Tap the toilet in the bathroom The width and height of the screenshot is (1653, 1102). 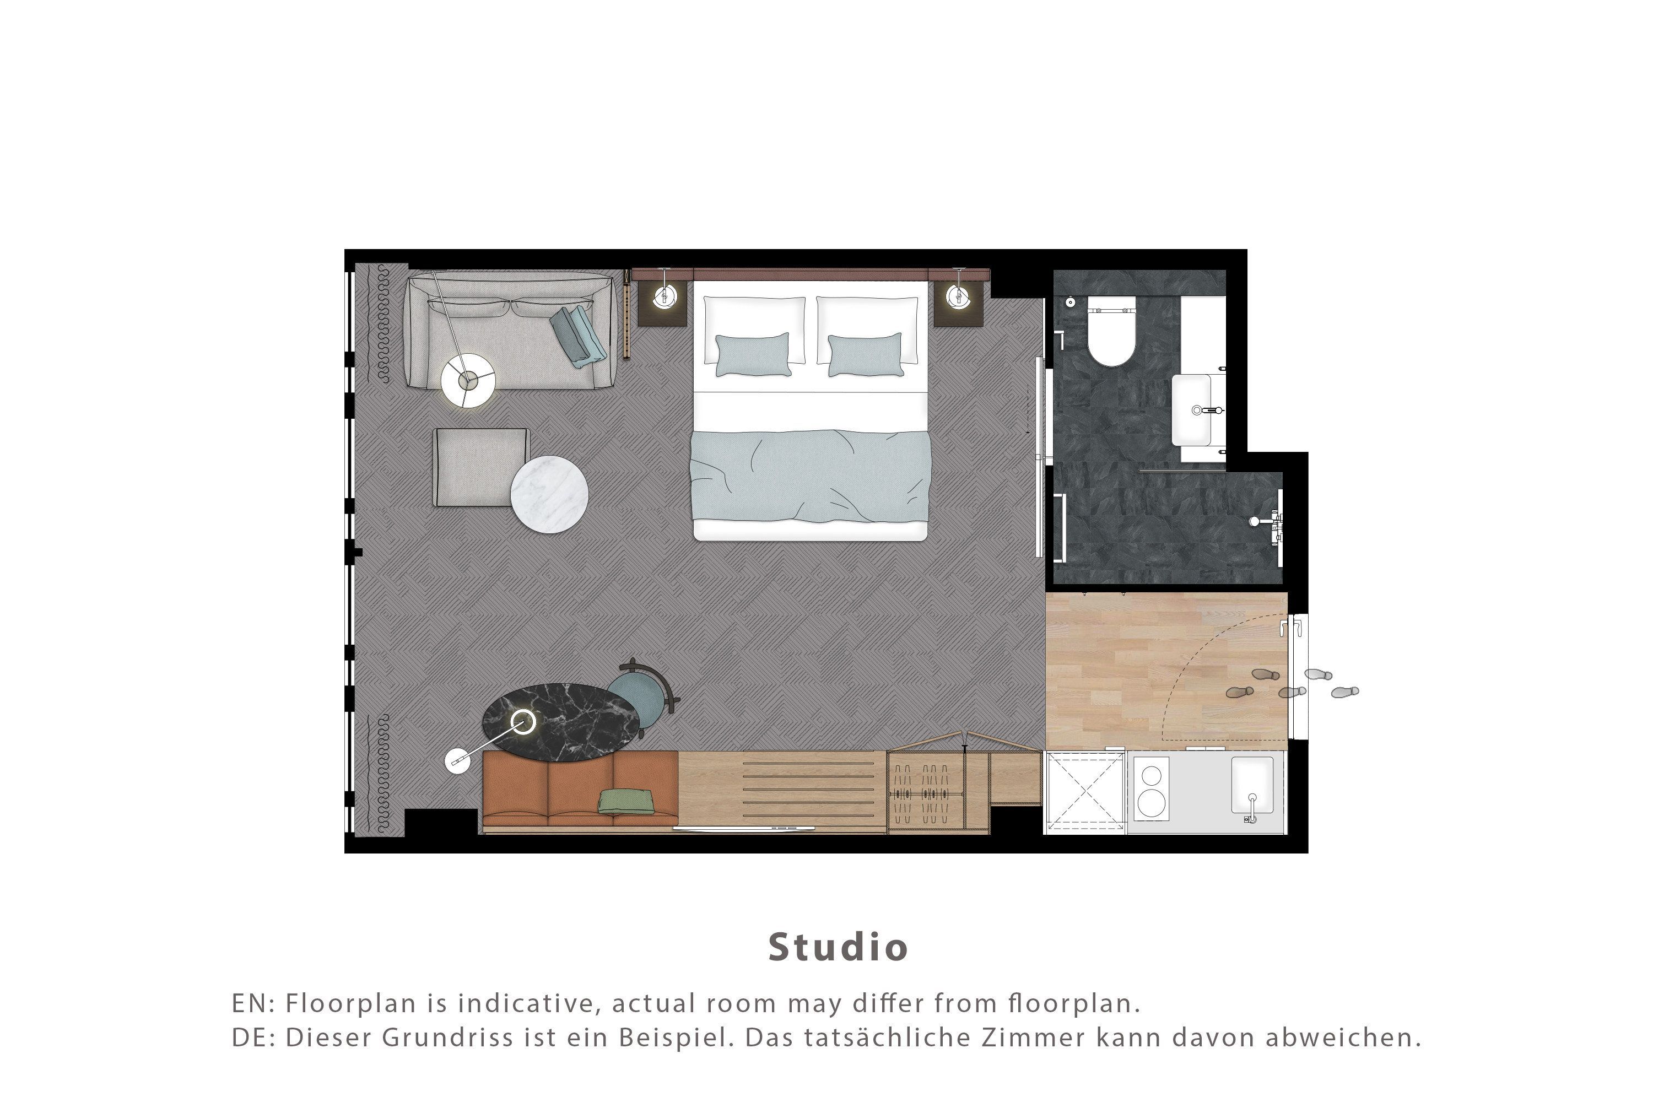click(x=1111, y=332)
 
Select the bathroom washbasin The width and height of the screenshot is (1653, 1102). click(x=1192, y=410)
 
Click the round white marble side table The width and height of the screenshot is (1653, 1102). click(x=549, y=494)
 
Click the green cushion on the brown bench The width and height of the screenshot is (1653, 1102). click(x=626, y=801)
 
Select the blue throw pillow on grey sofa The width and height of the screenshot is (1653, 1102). click(x=577, y=336)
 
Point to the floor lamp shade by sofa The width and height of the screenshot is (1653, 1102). click(x=468, y=380)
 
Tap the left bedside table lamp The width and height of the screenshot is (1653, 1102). click(x=663, y=296)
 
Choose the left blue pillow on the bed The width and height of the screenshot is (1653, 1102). click(x=753, y=354)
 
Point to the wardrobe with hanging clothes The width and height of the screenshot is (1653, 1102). click(x=938, y=791)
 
